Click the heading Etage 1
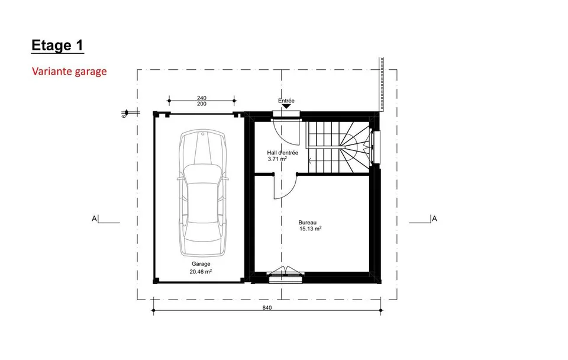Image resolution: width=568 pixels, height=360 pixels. click(x=57, y=46)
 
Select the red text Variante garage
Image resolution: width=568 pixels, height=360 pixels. click(x=69, y=71)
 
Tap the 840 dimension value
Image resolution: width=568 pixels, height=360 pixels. click(x=267, y=308)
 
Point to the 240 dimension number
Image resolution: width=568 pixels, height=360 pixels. click(x=202, y=98)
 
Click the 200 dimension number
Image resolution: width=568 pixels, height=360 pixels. click(x=202, y=104)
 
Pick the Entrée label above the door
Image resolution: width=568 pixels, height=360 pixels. click(x=286, y=101)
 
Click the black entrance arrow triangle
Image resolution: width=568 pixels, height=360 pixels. click(x=286, y=107)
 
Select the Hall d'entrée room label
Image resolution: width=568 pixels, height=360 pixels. click(x=283, y=153)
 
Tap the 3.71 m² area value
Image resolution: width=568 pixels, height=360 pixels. click(x=277, y=159)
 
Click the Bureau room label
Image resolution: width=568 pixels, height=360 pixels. click(x=308, y=223)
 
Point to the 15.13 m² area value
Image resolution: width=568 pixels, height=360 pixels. click(x=311, y=229)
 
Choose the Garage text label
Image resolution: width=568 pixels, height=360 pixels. click(x=201, y=264)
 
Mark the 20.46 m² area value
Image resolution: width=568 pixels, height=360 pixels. click(x=201, y=271)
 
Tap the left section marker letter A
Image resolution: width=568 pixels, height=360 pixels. click(x=95, y=218)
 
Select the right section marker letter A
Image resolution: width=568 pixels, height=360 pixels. click(x=434, y=218)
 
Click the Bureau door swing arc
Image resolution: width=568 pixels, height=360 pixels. click(x=292, y=190)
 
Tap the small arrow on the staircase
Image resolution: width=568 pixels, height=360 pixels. click(x=310, y=160)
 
